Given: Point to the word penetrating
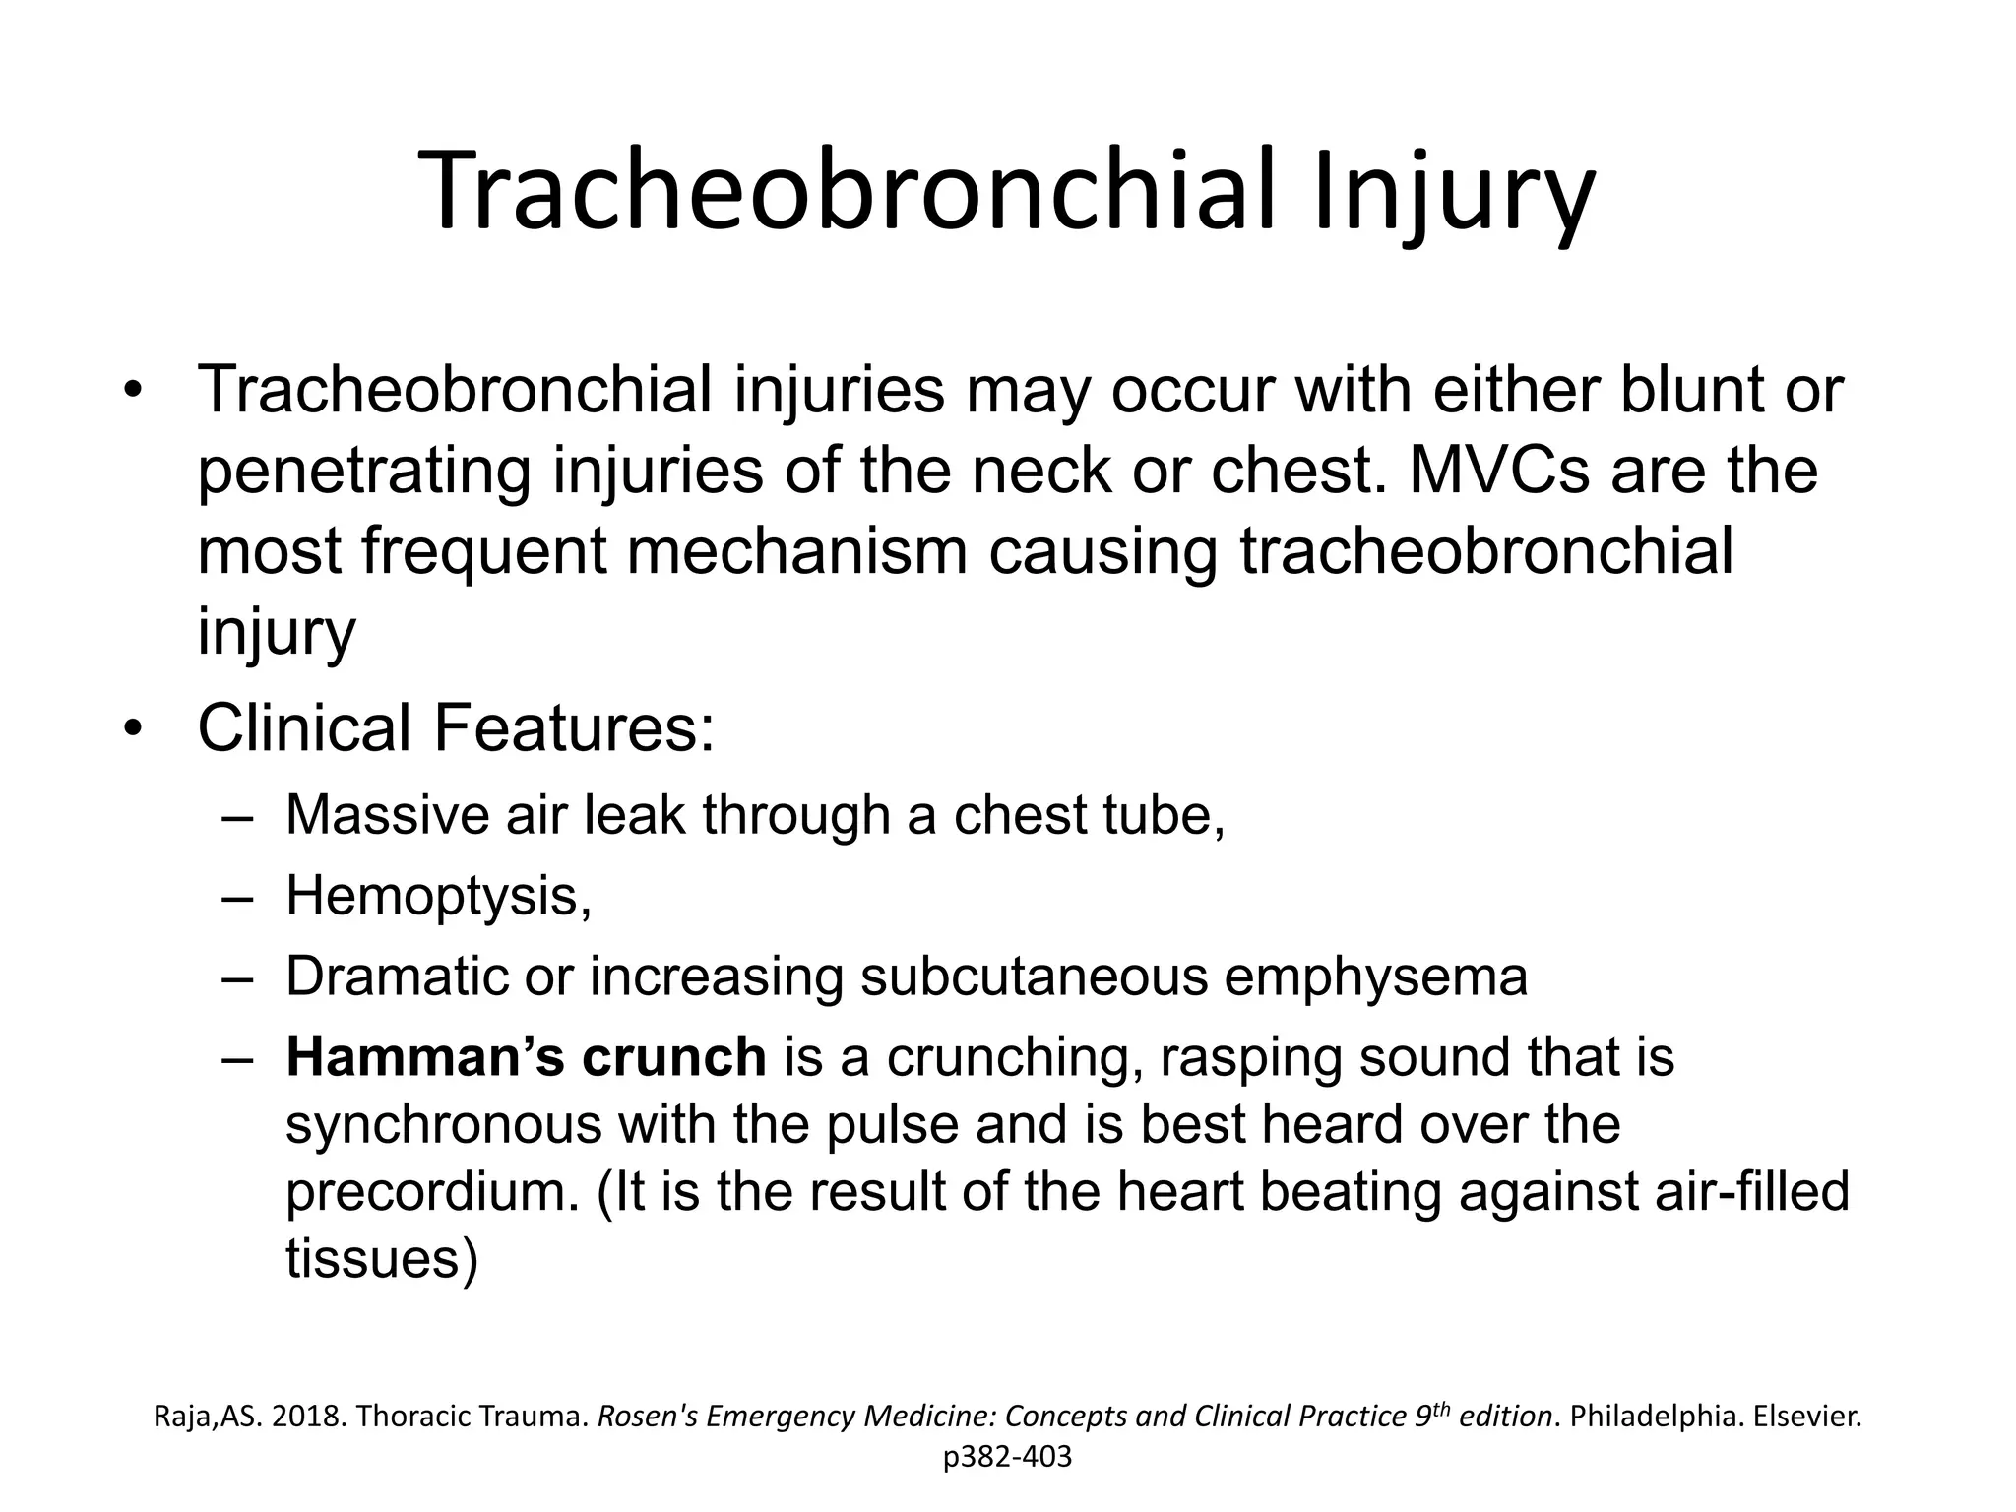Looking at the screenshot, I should point(364,472).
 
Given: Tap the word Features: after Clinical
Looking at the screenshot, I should point(573,727).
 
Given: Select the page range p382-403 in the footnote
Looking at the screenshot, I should point(1007,1457).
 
